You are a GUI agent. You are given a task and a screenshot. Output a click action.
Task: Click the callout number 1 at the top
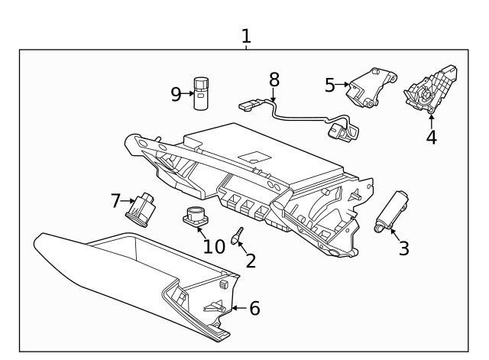[245, 35]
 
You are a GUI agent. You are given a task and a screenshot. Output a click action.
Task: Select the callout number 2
[251, 261]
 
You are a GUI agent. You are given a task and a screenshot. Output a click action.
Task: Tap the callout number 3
[404, 248]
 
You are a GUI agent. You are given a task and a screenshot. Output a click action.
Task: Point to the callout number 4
[431, 138]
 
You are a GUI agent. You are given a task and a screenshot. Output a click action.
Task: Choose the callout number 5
[330, 85]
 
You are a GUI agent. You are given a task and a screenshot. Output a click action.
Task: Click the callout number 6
[254, 308]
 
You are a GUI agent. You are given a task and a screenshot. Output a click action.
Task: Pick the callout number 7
[116, 202]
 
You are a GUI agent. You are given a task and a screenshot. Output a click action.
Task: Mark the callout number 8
[274, 79]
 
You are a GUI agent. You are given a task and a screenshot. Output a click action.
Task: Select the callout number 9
[176, 94]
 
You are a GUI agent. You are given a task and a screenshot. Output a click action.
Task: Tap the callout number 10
[214, 245]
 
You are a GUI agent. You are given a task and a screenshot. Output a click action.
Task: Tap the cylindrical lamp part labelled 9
[201, 92]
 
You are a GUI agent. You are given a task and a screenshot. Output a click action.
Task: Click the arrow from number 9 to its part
[188, 94]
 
